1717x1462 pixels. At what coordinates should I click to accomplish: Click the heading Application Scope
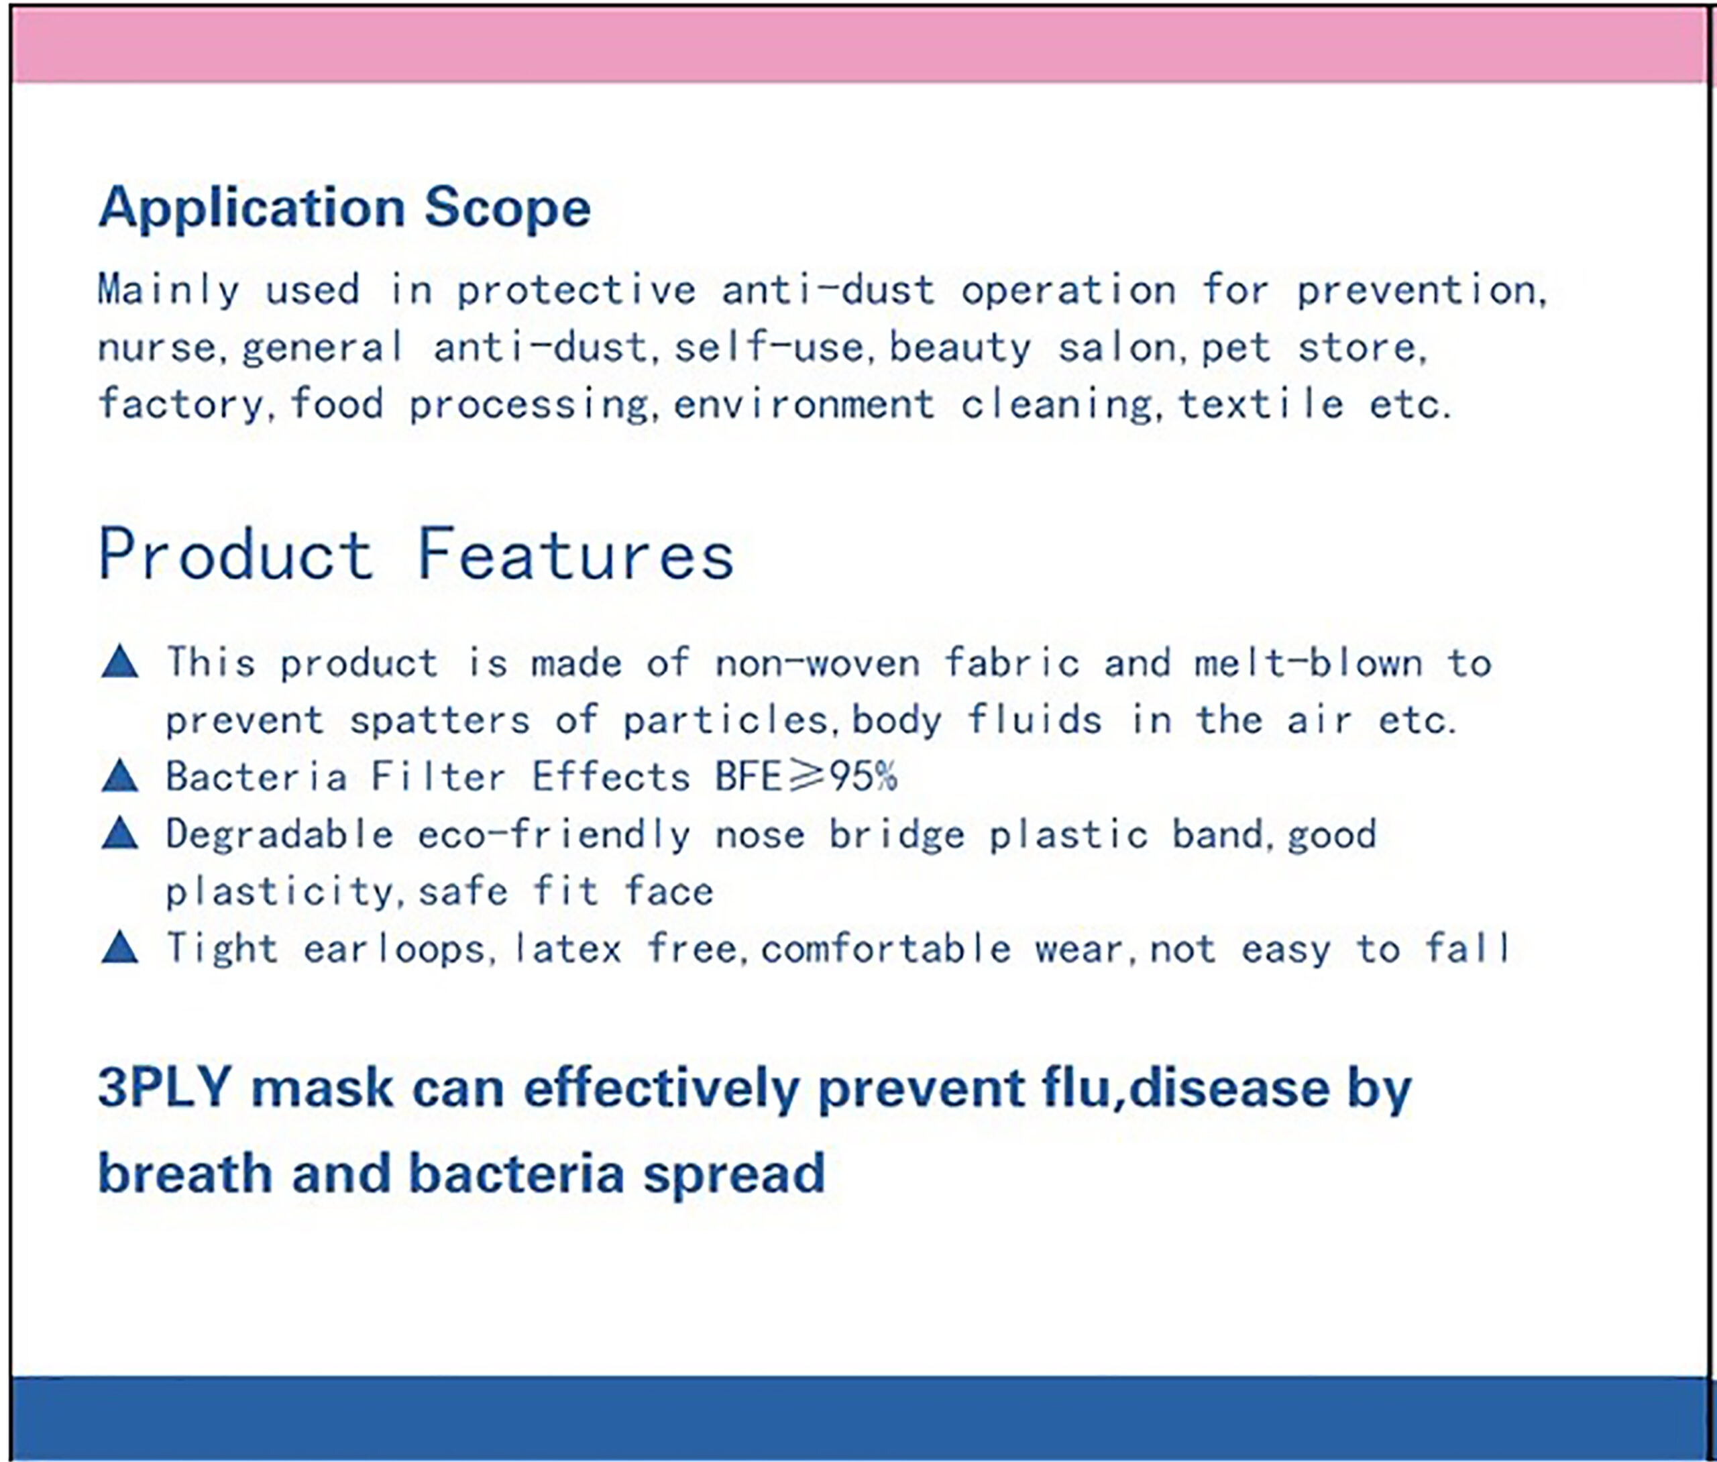(x=344, y=209)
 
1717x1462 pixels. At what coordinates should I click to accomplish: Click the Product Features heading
(x=416, y=554)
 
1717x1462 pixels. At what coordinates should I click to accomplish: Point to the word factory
(x=180, y=405)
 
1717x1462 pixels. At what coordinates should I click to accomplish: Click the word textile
(x=1260, y=404)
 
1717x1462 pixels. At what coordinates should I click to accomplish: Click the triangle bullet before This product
(x=119, y=663)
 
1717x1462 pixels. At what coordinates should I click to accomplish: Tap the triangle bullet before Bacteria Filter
(x=119, y=777)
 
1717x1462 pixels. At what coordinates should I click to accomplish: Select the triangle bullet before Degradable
(x=119, y=833)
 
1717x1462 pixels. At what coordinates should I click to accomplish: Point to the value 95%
(x=863, y=777)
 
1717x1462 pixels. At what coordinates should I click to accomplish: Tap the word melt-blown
(x=1309, y=663)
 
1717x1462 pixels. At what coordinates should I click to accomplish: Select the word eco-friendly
(x=553, y=834)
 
